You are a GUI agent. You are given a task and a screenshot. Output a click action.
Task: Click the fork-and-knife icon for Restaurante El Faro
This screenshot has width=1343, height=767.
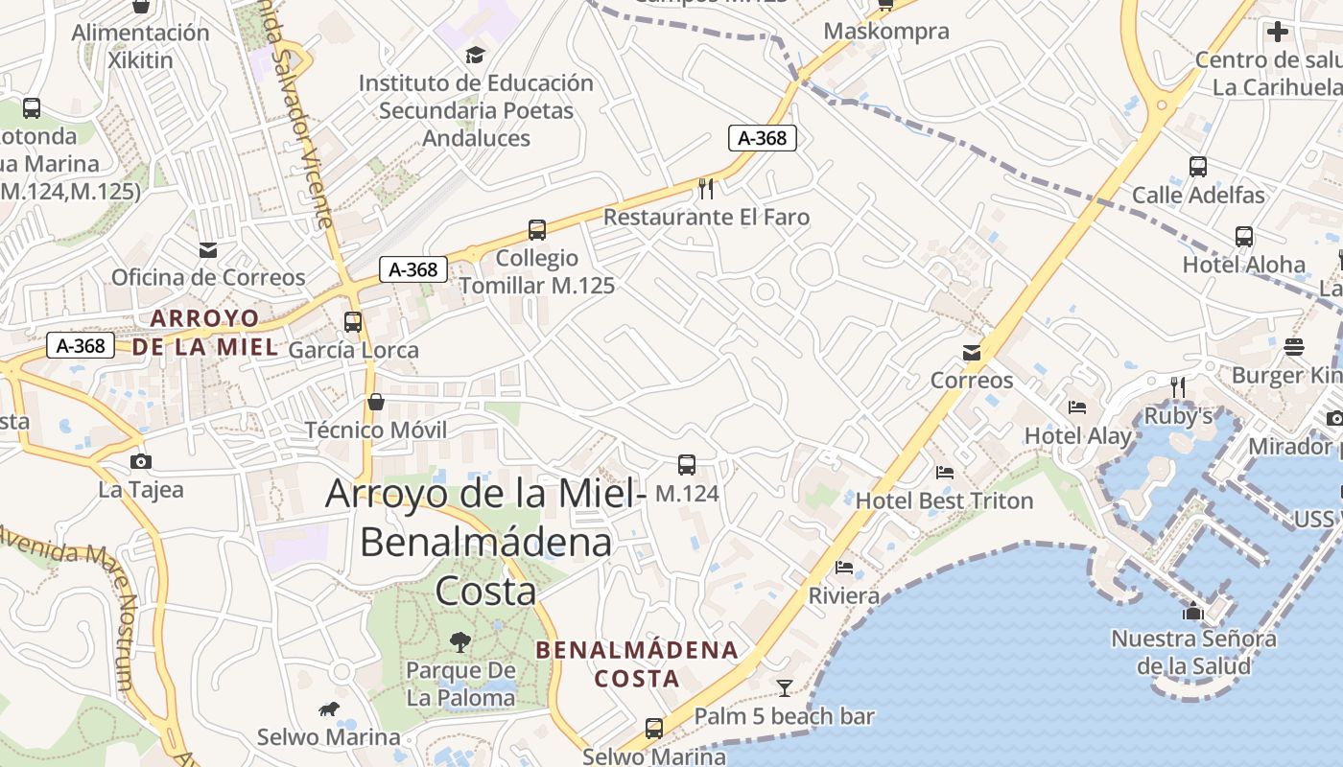706,187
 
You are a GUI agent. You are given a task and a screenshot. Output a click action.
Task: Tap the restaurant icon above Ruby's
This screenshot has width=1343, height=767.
1178,386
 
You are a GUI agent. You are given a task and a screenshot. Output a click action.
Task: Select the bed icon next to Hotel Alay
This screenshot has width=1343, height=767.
1077,407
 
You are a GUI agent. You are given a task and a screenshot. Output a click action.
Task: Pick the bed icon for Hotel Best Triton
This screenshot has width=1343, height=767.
945,473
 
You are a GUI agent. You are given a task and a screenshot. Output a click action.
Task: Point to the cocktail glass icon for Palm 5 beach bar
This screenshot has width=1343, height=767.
785,687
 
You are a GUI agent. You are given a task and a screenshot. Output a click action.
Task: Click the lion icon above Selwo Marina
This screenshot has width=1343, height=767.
328,709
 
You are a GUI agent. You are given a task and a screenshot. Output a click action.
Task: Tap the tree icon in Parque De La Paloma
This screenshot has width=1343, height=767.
460,641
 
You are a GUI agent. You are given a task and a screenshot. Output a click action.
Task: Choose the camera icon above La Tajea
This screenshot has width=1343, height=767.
141,461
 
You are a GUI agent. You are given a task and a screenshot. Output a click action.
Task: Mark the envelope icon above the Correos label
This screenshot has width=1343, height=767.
973,352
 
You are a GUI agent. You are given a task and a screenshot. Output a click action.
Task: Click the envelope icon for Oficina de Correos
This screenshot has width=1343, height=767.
208,250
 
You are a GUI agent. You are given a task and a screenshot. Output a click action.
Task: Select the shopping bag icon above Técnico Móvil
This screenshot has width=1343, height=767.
376,402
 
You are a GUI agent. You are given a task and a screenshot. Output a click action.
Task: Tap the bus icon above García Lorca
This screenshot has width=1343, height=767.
353,322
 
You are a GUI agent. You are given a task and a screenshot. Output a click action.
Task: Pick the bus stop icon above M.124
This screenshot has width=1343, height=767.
687,465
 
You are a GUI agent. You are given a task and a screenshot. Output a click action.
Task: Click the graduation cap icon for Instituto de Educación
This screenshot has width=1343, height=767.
475,55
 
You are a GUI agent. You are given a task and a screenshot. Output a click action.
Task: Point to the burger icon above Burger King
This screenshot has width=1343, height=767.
1294,346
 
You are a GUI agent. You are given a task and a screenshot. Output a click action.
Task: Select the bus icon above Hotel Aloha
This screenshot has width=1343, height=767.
1244,236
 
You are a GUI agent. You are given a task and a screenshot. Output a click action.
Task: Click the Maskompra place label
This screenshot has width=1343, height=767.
886,31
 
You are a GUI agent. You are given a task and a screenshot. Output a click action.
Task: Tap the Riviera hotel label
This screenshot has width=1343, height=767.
844,595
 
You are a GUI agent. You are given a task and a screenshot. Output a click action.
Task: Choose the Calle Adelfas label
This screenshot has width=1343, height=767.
1198,195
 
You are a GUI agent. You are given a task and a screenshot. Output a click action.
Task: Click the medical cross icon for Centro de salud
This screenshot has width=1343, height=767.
1278,32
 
